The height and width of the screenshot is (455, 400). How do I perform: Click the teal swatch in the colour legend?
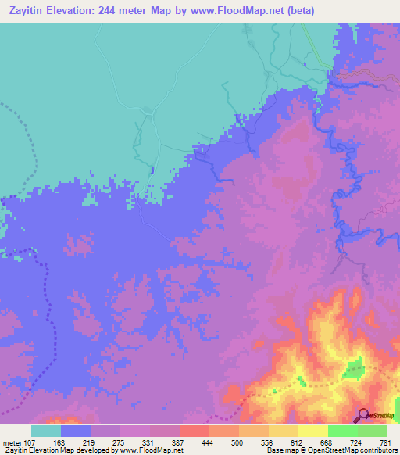coord(45,431)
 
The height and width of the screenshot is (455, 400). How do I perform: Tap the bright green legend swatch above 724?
coord(342,431)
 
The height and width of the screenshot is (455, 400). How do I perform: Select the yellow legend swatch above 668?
coord(312,431)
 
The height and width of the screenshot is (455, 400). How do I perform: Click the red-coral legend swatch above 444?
coord(194,431)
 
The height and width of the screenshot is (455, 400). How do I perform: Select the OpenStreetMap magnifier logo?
coord(364,415)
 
